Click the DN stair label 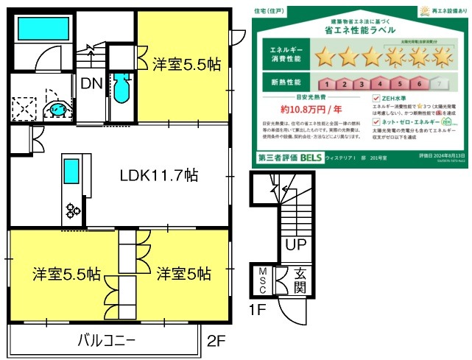91,83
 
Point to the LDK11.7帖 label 158,176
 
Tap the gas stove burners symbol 74,211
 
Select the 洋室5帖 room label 183,274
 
